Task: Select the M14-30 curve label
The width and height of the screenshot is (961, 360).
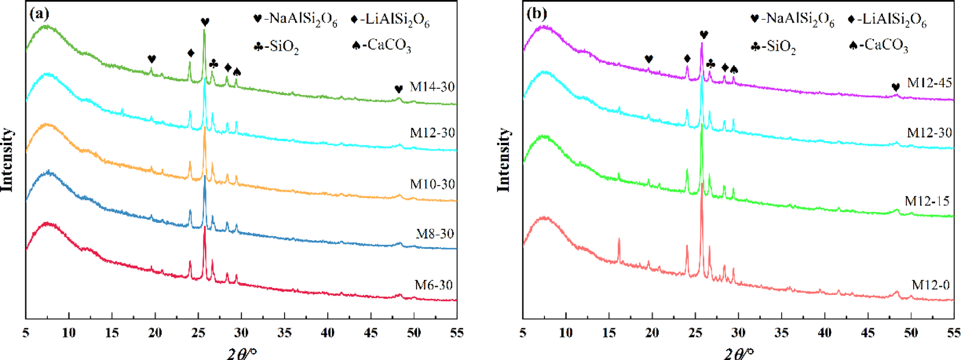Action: pos(432,87)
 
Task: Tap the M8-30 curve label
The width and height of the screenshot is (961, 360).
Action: pos(434,234)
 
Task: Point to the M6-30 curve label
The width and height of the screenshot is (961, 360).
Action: pos(433,285)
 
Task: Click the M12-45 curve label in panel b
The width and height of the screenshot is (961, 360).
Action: pos(929,83)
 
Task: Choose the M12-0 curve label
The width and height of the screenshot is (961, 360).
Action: pos(930,285)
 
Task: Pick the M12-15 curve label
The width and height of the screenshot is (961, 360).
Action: pos(927,201)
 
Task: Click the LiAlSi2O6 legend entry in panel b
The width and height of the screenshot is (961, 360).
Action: pos(887,20)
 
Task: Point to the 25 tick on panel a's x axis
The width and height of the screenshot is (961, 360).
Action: pos(198,333)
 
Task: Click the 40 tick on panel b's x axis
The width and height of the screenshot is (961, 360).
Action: pos(824,333)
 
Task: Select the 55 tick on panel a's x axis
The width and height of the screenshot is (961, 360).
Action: pos(456,333)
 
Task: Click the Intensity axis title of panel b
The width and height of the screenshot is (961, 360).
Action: pos(504,160)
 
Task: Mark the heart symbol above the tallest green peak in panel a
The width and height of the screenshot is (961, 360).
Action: pos(205,22)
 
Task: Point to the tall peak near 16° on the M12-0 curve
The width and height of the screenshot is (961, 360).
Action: pos(619,242)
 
